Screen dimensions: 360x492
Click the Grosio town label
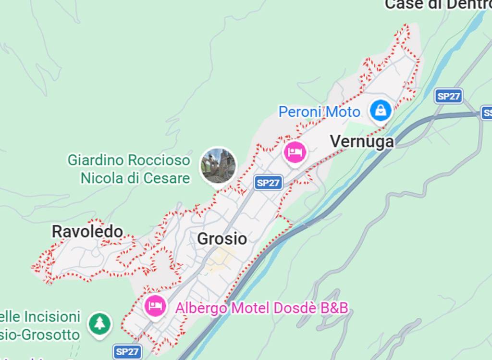click(x=222, y=239)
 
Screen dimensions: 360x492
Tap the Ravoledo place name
click(x=87, y=232)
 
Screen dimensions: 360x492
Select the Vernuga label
click(x=362, y=142)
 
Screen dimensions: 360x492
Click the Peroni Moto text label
click(x=319, y=112)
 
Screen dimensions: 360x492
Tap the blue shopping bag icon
click(x=381, y=111)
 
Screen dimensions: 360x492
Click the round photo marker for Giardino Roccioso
click(x=218, y=166)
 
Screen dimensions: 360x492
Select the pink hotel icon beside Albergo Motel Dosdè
click(x=155, y=305)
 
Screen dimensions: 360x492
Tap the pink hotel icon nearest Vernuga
click(x=295, y=152)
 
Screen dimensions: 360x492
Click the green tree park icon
click(x=99, y=324)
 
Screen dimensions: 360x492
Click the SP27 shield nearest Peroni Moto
click(x=448, y=96)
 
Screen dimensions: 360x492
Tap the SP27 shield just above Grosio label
click(x=268, y=183)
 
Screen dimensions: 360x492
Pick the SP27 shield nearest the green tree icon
click(x=127, y=351)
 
